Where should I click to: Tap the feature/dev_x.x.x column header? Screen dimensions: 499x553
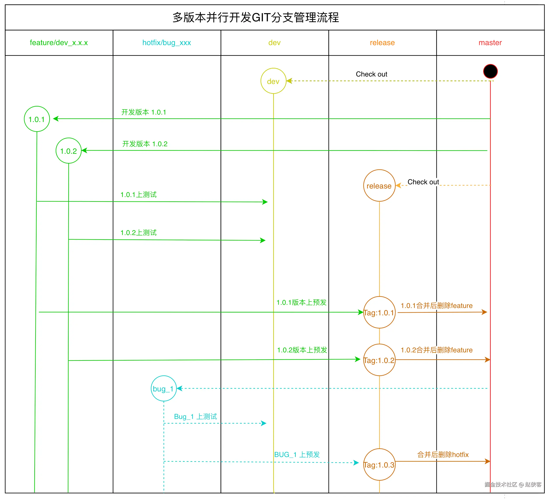coord(59,43)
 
